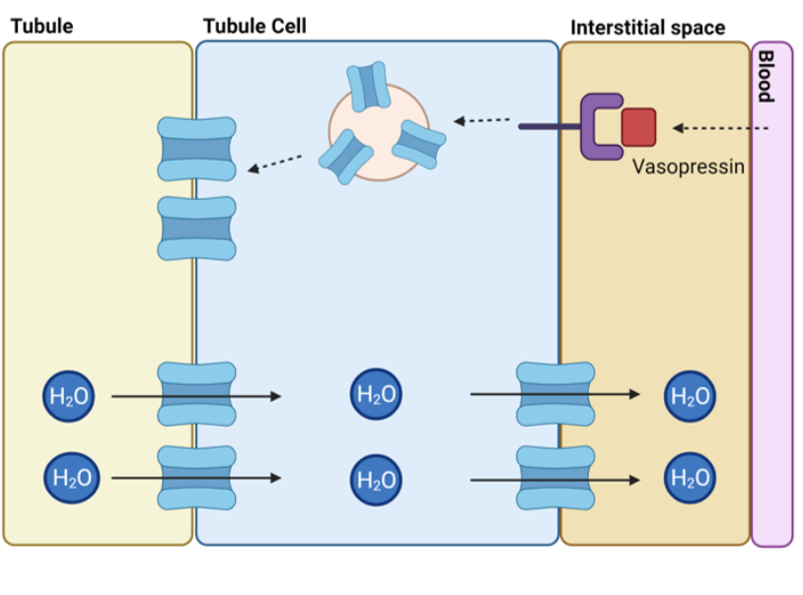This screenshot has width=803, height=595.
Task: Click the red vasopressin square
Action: coord(638,126)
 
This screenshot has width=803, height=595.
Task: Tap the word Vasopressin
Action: coord(688,166)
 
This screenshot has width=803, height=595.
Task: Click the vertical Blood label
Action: coord(765,77)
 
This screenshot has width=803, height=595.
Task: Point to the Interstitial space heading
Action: coord(648,27)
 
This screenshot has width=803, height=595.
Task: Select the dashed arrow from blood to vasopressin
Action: coord(721,128)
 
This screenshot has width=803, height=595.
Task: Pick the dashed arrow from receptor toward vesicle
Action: coord(482,121)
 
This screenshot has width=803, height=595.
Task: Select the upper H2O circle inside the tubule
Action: coord(69,396)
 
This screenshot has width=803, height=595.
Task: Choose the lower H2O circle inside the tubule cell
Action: coord(375,479)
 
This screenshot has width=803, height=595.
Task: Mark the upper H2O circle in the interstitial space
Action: coord(690,396)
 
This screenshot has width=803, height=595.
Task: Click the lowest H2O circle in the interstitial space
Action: coord(690,479)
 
